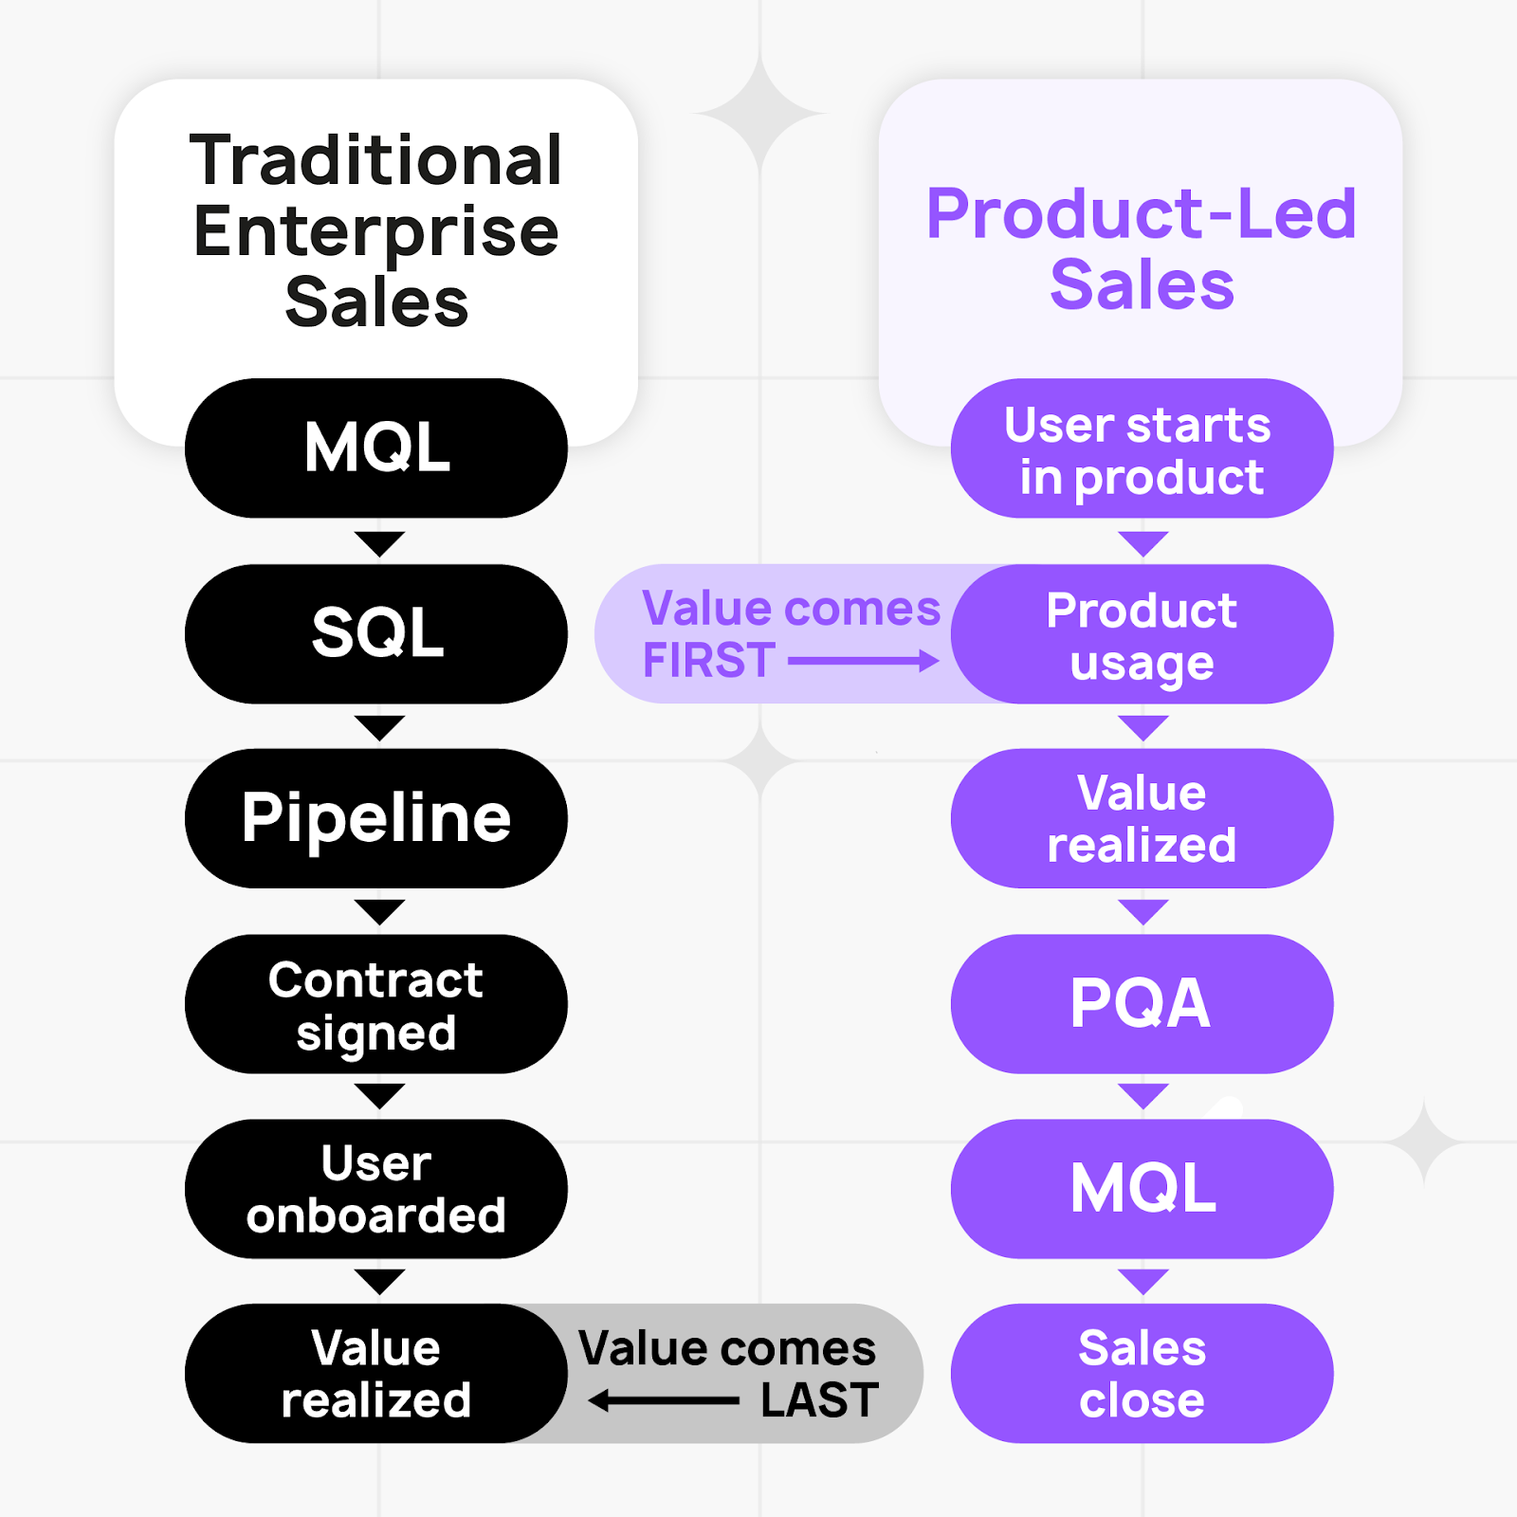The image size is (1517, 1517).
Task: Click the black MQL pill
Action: coord(376,448)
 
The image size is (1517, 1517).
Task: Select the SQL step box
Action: coord(376,633)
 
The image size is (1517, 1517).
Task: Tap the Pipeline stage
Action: coord(376,818)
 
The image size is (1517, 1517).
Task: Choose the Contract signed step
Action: coord(376,1004)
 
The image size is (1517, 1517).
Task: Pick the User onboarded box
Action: coord(376,1189)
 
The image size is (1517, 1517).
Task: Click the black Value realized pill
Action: coord(376,1374)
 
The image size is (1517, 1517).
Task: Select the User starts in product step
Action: coord(1142,448)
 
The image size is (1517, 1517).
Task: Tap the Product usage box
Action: coord(1142,634)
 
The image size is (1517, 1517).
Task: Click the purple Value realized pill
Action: coord(1142,818)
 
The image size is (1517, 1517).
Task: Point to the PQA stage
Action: coord(1142,1004)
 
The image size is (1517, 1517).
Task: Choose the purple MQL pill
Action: coord(1142,1189)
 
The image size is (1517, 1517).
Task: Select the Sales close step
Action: coord(1142,1374)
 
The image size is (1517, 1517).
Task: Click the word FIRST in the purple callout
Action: coord(709,661)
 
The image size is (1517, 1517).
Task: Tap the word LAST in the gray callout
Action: coord(820,1400)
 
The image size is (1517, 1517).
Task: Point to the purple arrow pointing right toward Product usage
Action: coord(863,661)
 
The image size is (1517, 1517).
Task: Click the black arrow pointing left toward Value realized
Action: coord(664,1400)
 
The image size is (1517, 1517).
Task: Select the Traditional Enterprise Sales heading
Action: coord(376,230)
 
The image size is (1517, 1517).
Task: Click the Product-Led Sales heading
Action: coord(1142,248)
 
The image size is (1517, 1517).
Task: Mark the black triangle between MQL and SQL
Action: coord(379,543)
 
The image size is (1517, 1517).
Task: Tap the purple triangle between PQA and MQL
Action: coord(1142,1096)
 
